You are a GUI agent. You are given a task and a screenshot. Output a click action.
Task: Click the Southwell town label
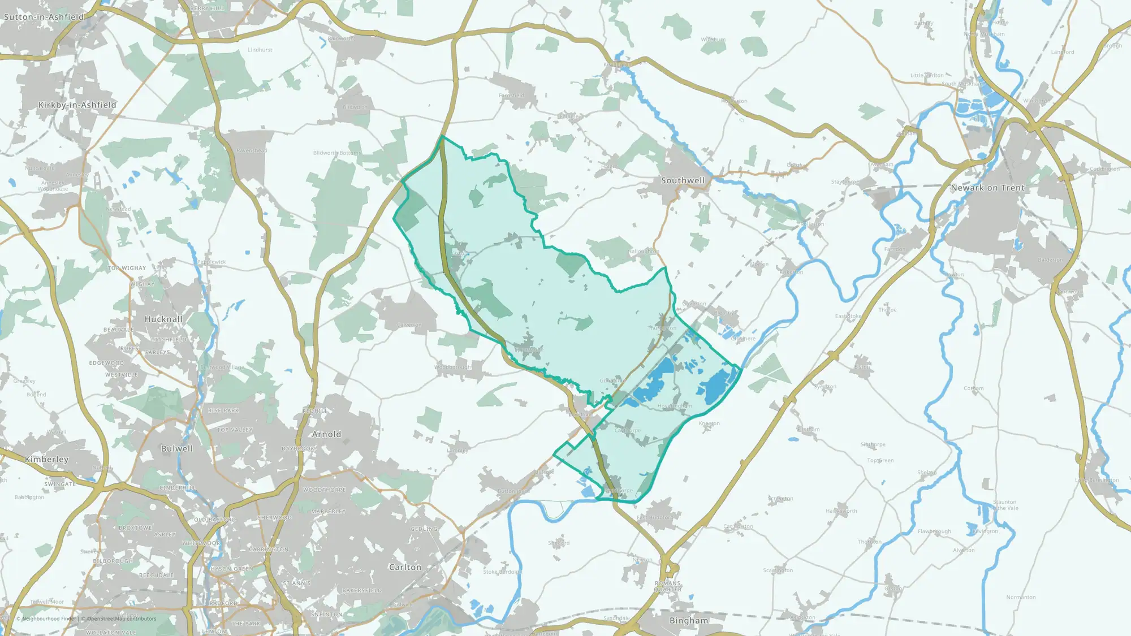click(683, 180)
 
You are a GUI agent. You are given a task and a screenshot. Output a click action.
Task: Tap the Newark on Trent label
click(987, 188)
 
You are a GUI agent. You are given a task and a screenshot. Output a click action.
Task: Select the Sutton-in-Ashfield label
click(44, 17)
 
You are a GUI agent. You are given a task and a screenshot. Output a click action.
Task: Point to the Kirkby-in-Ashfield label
click(77, 105)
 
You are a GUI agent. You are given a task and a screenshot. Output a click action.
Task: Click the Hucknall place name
click(163, 319)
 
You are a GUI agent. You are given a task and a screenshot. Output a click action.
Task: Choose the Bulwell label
click(176, 448)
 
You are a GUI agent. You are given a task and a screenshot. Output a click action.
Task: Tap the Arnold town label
click(326, 434)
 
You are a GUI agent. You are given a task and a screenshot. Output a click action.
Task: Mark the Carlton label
click(405, 567)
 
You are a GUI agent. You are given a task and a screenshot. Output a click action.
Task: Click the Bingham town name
click(688, 620)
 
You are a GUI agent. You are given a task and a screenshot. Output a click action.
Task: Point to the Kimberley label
click(46, 459)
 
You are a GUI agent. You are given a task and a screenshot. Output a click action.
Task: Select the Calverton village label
click(409, 325)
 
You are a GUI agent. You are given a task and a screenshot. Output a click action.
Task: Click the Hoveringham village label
click(675, 406)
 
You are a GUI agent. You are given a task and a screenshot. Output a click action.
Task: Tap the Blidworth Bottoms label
click(336, 153)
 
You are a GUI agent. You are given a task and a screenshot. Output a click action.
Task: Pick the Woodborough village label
click(452, 367)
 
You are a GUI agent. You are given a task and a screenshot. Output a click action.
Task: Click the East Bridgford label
click(654, 517)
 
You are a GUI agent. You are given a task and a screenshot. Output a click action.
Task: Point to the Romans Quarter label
click(668, 586)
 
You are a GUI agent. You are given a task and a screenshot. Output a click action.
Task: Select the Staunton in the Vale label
click(1004, 505)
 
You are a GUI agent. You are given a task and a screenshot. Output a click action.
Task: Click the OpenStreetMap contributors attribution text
click(121, 618)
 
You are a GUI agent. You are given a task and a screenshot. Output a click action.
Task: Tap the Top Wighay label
click(127, 268)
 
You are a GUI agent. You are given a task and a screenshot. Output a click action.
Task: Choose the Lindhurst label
click(260, 50)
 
